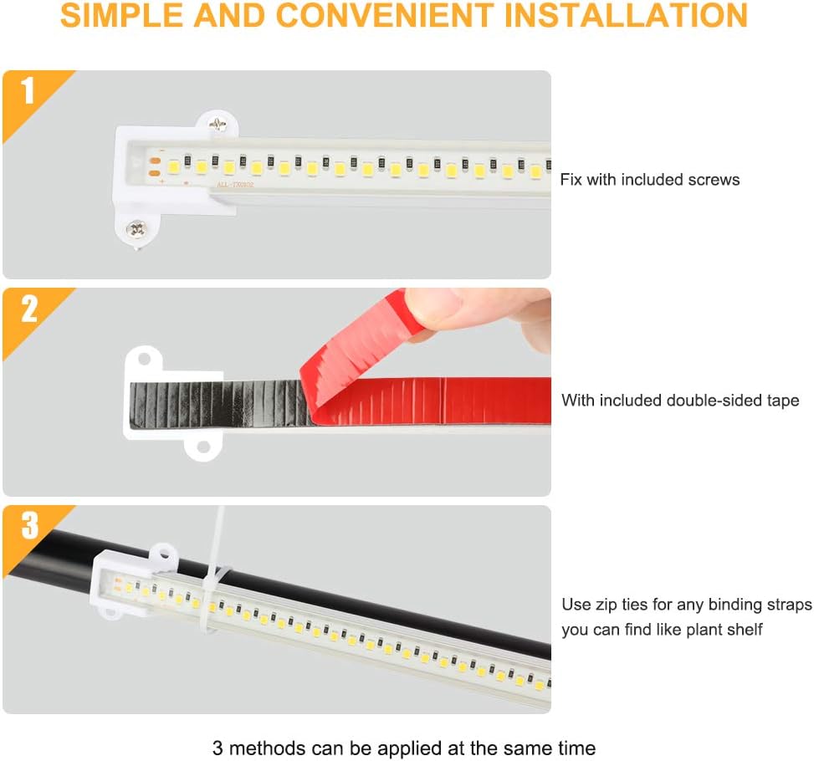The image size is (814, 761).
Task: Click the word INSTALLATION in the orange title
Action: [x=626, y=15]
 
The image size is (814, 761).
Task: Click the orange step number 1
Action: [x=28, y=90]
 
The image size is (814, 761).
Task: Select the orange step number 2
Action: [x=29, y=309]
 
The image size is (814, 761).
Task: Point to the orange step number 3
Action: [x=29, y=525]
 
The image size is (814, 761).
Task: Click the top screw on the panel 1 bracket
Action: [x=218, y=124]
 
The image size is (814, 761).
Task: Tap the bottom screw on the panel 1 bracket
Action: [x=136, y=228]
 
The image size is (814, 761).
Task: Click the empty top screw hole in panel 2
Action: [x=144, y=358]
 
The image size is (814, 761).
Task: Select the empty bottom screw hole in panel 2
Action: [x=203, y=447]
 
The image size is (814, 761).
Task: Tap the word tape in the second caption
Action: [x=783, y=401]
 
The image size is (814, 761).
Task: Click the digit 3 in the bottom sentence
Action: [x=218, y=748]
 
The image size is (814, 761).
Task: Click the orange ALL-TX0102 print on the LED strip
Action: [x=235, y=184]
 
